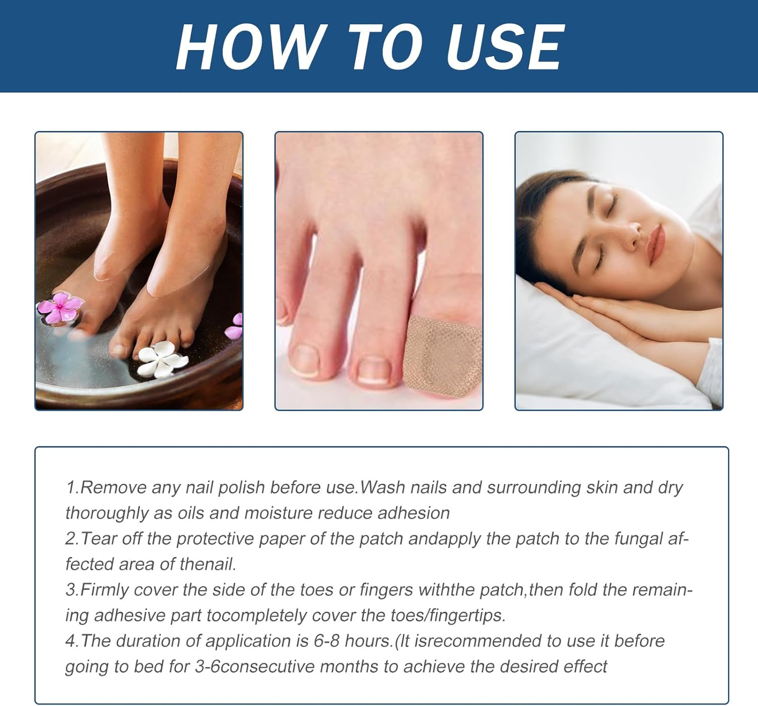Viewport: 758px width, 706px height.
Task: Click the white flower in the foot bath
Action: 162,358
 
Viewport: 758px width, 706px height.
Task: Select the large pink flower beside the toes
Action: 60,307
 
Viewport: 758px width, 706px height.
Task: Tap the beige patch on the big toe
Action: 443,354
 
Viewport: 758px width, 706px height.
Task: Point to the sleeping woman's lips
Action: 655,242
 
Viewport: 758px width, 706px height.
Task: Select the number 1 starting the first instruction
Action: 71,488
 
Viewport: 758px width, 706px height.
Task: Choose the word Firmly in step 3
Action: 104,590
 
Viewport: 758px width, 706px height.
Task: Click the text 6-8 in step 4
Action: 326,641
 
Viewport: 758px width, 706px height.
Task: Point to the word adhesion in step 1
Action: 413,513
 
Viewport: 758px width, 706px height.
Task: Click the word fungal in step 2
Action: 638,539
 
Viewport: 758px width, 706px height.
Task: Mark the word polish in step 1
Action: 242,488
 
